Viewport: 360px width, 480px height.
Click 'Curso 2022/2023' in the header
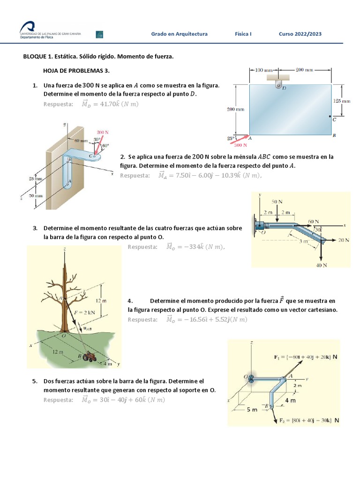point(300,34)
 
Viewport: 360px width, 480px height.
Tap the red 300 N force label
point(241,145)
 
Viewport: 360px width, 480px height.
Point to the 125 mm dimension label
point(341,101)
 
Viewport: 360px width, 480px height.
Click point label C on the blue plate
point(334,120)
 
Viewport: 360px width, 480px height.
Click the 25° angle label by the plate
point(230,138)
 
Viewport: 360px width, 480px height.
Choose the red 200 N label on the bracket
point(103,133)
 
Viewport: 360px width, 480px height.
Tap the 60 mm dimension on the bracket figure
point(81,141)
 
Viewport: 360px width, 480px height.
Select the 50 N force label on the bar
point(277,201)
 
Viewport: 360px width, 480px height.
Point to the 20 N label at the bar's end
point(344,240)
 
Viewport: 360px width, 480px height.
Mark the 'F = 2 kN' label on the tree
point(85,310)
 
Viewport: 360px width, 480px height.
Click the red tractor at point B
point(89,357)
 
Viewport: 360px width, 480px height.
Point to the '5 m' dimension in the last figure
point(252,409)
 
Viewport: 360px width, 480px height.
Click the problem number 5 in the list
point(35,381)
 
